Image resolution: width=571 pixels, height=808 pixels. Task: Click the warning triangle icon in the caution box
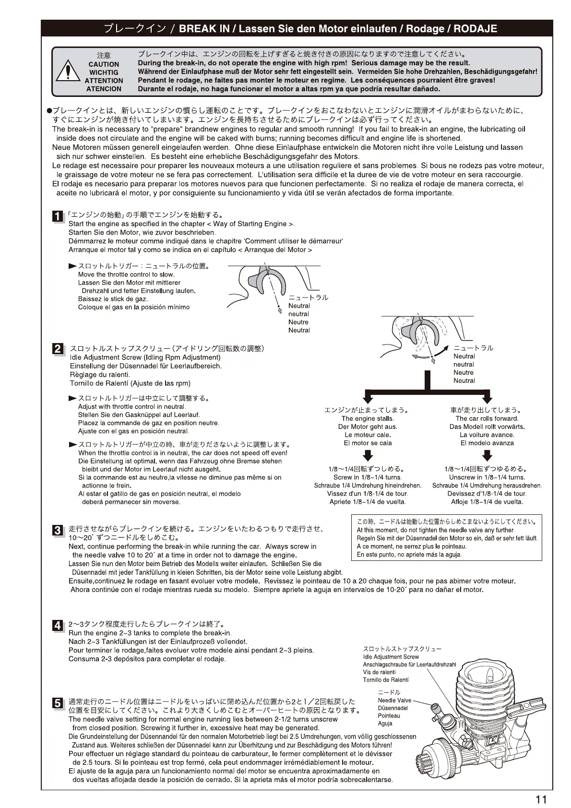(x=68, y=72)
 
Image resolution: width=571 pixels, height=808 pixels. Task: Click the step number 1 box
(x=57, y=216)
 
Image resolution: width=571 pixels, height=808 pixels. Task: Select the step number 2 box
(x=57, y=349)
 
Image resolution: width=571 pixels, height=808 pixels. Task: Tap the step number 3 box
(x=57, y=530)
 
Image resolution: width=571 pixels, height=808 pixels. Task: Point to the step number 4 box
(x=57, y=625)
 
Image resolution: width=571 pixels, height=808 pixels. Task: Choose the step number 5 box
(x=57, y=703)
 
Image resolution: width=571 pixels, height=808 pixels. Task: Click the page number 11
(x=541, y=799)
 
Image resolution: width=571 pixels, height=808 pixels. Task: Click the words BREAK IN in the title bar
(x=204, y=29)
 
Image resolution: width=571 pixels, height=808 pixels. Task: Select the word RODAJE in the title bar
(x=475, y=29)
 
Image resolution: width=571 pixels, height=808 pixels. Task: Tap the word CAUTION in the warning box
(x=104, y=64)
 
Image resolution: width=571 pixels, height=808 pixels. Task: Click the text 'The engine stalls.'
(x=368, y=418)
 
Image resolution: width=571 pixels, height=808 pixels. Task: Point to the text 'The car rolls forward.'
(x=487, y=418)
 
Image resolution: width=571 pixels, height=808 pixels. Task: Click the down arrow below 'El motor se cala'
(x=368, y=455)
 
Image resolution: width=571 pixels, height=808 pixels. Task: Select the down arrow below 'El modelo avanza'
(x=487, y=455)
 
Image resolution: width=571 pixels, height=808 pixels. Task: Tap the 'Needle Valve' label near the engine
(x=394, y=701)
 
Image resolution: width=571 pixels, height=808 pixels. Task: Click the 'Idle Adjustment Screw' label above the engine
(x=391, y=657)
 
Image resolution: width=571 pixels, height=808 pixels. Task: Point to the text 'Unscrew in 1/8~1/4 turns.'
(x=487, y=477)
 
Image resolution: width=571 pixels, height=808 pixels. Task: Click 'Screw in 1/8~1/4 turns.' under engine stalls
(x=368, y=477)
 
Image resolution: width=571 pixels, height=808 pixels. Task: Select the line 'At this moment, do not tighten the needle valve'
(x=435, y=530)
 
